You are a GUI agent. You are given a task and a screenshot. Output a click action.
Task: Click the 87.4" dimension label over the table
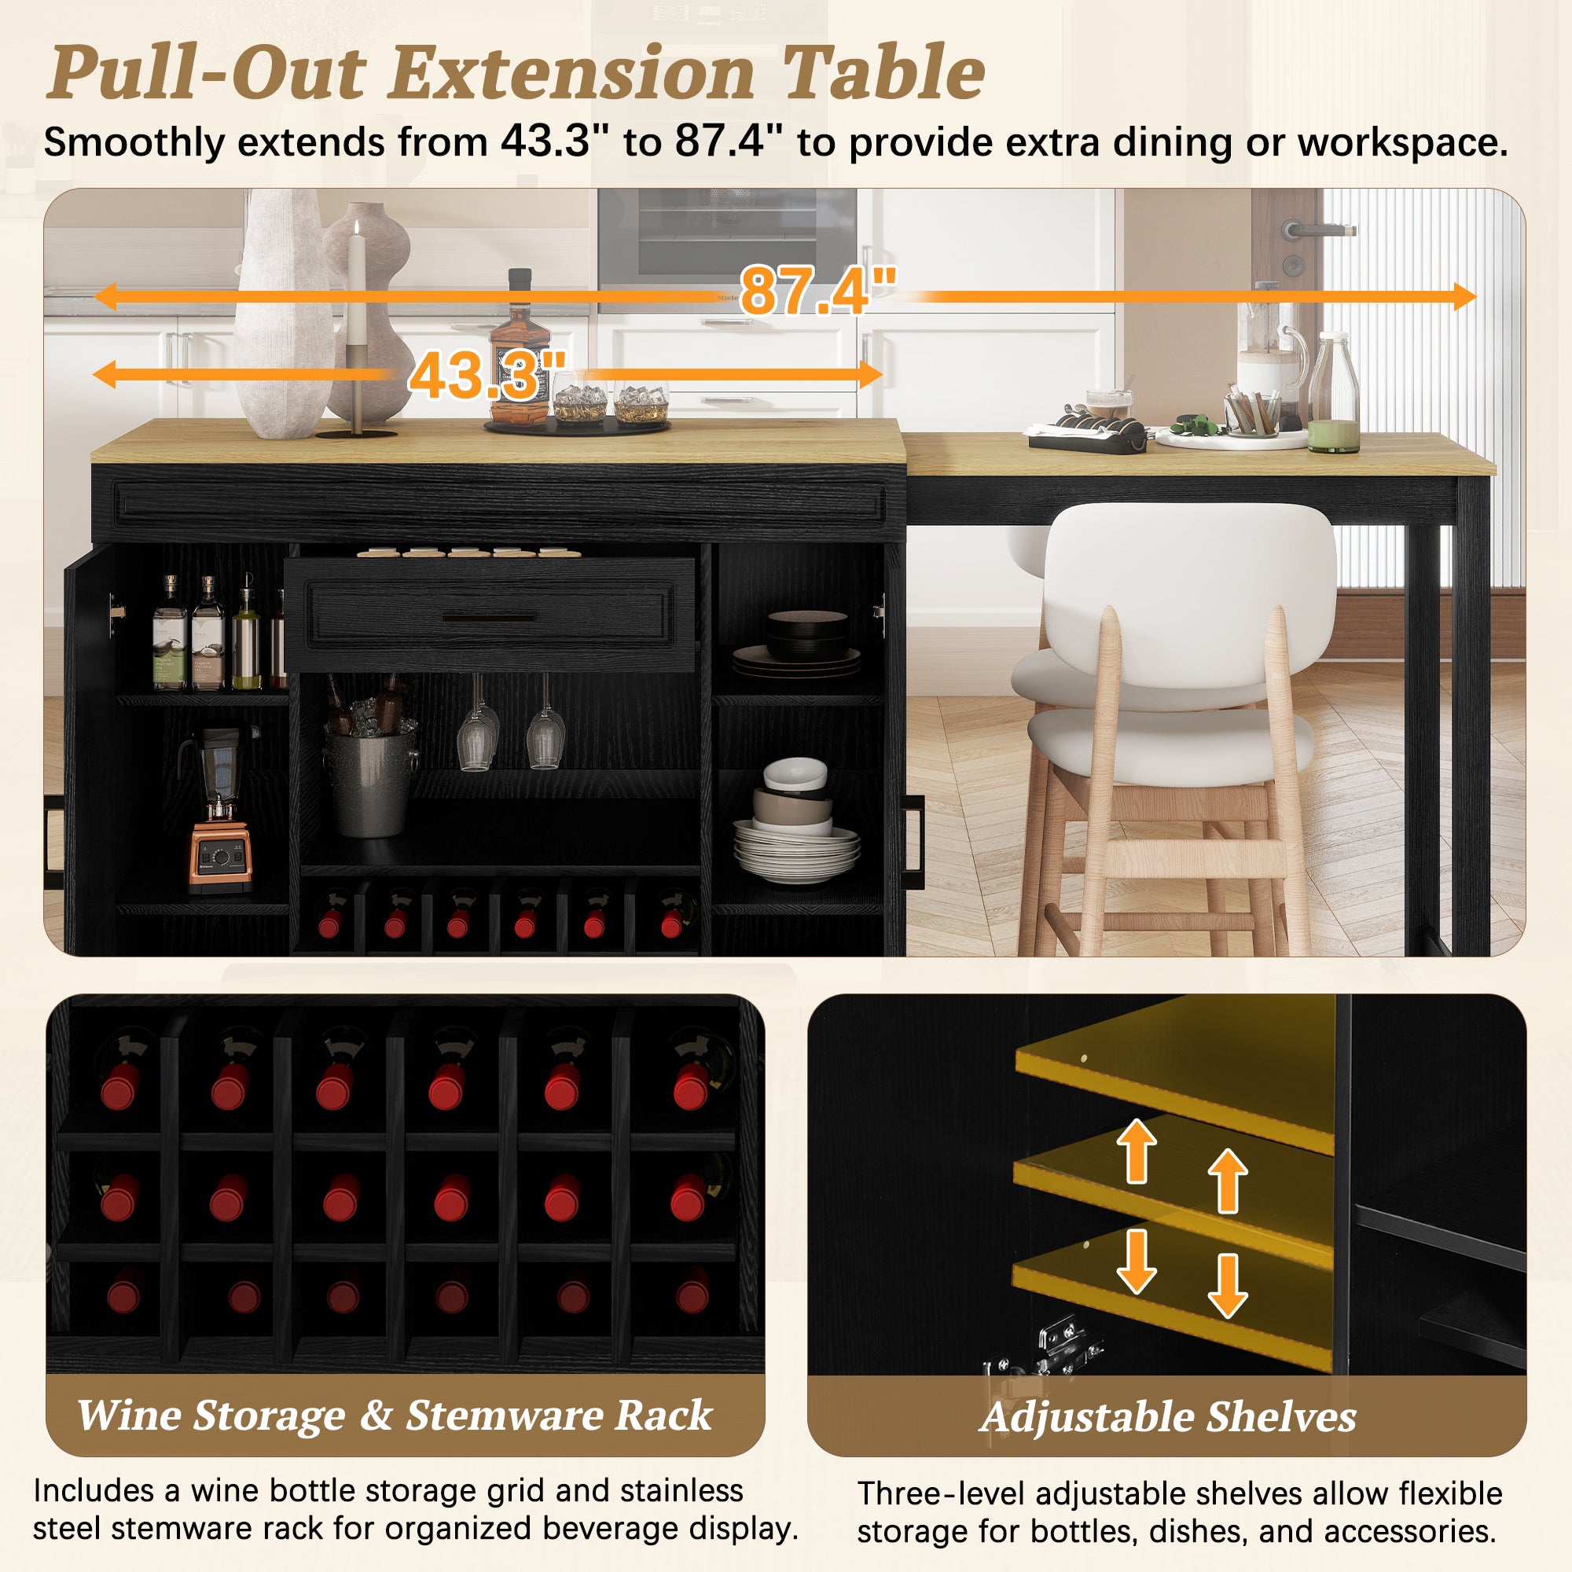[817, 291]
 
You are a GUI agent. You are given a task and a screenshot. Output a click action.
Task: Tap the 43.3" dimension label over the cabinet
[487, 375]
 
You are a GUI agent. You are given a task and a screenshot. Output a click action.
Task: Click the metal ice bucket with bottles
[370, 765]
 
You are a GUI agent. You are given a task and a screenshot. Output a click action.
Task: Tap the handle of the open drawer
[488, 618]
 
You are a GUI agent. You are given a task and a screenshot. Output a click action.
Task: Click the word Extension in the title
[573, 73]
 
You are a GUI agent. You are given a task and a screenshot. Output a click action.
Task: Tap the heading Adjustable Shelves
[1168, 1416]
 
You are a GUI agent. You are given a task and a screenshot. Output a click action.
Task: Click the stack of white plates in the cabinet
[795, 851]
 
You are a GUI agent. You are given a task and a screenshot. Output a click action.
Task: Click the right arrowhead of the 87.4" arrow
[1464, 296]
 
